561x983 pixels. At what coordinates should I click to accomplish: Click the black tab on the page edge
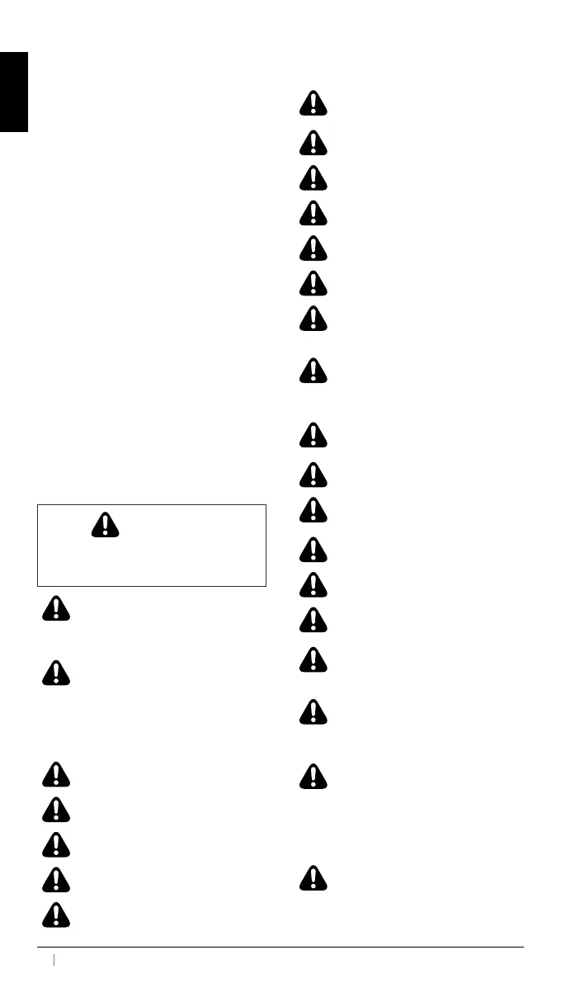[14, 92]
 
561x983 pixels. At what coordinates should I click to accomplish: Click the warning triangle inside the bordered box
[106, 526]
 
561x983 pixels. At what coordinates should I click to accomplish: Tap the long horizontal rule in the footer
[280, 947]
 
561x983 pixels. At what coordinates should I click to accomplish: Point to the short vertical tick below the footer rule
[54, 960]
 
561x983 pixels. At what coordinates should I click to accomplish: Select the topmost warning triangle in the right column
[313, 103]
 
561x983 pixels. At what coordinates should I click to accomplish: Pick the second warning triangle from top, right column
[313, 143]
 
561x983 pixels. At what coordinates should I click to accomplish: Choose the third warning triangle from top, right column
[313, 177]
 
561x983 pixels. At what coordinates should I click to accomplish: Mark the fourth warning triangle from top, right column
[313, 213]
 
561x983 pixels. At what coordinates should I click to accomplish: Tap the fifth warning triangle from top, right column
[313, 248]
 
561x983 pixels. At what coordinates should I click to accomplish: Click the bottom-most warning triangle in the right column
[313, 877]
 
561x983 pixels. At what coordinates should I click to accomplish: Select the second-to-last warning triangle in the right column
[313, 776]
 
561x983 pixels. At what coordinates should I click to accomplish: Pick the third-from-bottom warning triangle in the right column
[313, 711]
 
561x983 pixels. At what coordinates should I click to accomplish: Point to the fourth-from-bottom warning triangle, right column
[313, 659]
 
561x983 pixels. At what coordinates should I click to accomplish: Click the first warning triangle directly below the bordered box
[54, 608]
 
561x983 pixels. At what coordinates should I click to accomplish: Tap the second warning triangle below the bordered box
[54, 673]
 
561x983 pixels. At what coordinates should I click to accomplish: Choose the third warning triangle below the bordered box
[54, 773]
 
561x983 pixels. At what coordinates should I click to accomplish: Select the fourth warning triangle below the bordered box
[54, 808]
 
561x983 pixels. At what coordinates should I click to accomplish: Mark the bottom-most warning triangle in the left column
[54, 914]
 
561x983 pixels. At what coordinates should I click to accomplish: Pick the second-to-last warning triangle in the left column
[54, 878]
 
